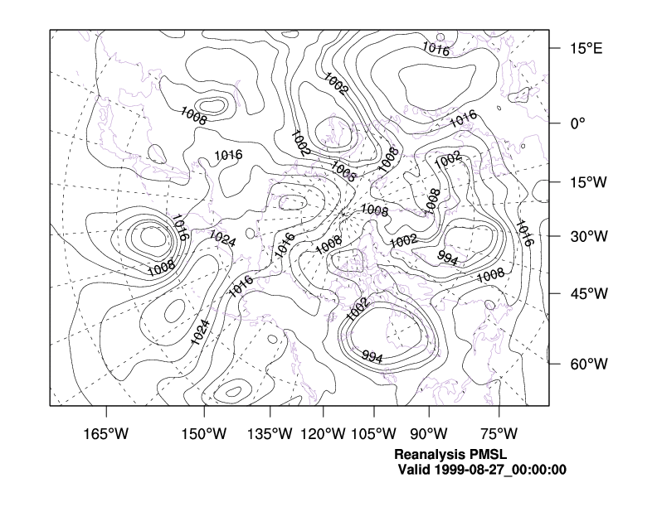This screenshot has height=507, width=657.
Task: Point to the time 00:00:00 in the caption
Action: point(539,470)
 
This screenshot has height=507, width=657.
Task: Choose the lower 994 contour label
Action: point(372,357)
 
